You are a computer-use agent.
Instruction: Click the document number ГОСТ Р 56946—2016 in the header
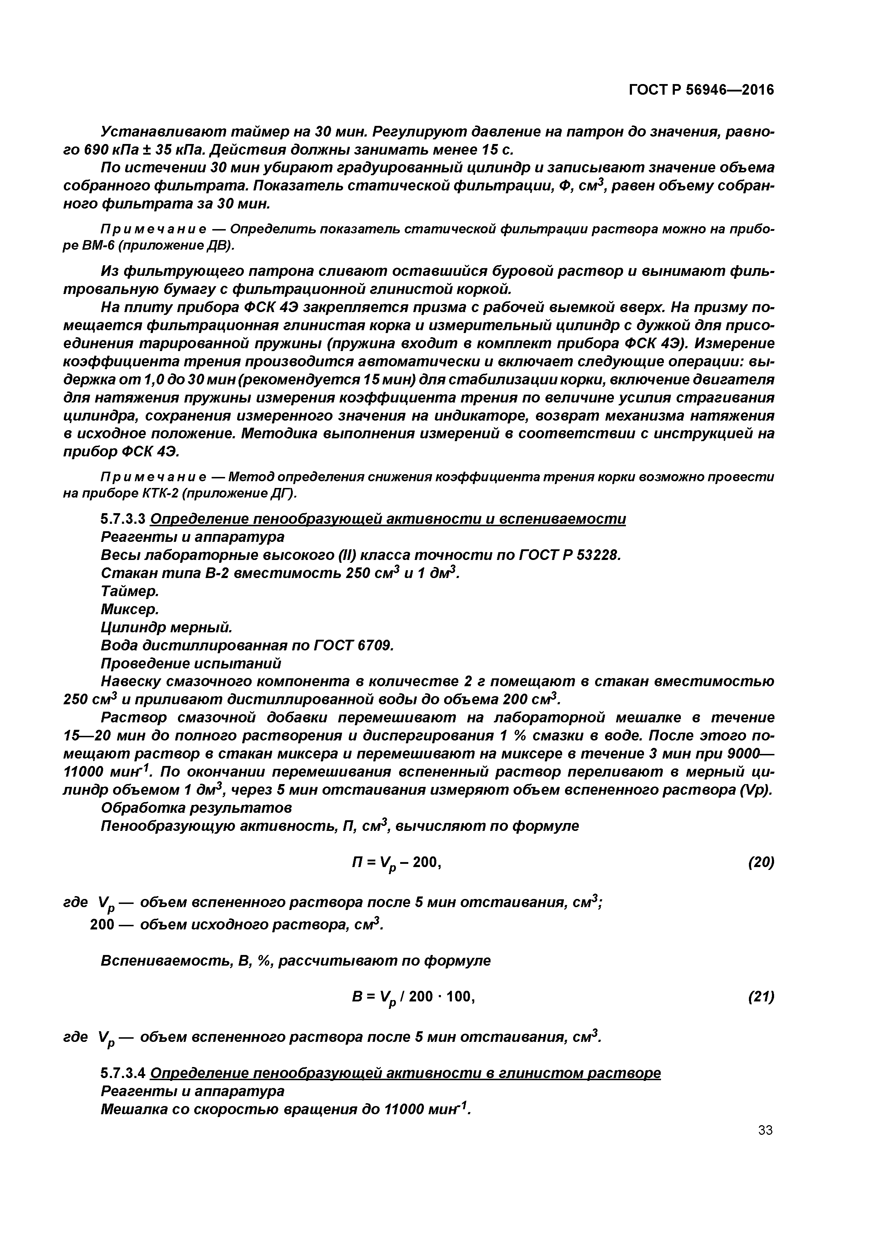[x=701, y=90]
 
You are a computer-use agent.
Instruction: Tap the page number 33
[x=765, y=1130]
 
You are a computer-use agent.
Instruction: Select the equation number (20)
[x=761, y=862]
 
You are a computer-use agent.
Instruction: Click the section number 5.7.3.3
[x=123, y=519]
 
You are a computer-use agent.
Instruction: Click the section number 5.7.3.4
[x=123, y=1073]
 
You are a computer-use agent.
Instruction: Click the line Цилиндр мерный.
[x=166, y=627]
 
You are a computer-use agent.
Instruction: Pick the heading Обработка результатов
[x=196, y=808]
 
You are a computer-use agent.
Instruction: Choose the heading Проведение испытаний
[x=191, y=664]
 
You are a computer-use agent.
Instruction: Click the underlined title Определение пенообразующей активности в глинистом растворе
[x=405, y=1073]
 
